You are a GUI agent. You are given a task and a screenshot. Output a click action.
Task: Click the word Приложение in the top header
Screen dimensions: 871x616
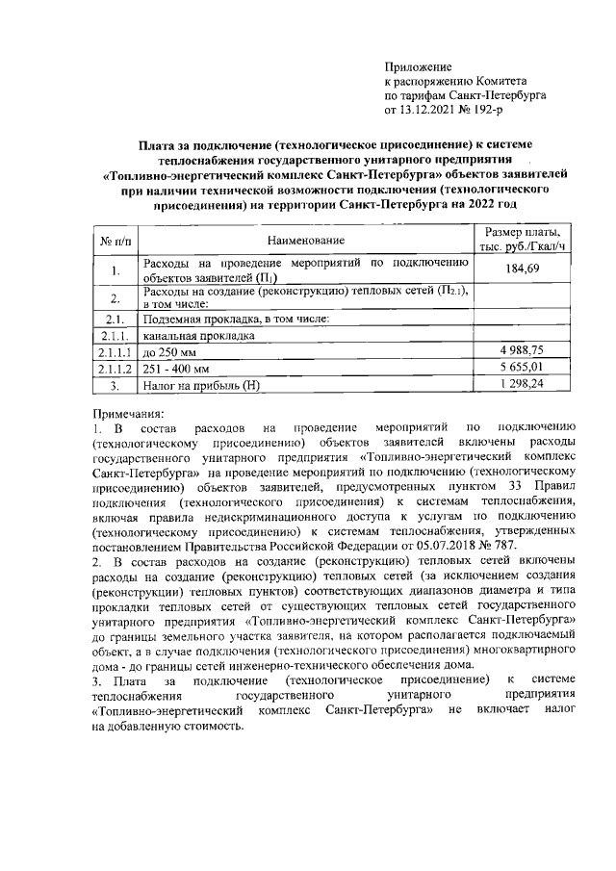(418, 66)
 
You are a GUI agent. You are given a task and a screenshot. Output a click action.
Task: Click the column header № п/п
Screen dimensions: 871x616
(114, 241)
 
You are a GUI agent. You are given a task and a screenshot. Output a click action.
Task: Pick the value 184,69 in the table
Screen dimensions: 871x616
(522, 270)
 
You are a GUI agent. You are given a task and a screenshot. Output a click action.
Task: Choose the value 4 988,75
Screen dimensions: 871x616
(522, 351)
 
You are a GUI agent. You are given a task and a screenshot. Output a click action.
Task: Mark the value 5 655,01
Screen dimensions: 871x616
(522, 368)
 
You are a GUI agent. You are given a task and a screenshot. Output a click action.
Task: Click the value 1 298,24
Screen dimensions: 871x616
(522, 384)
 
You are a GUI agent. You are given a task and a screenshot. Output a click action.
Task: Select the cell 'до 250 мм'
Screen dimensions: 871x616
(169, 351)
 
